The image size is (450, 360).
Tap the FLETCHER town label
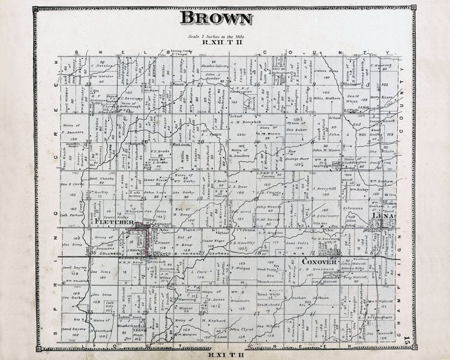click(x=113, y=222)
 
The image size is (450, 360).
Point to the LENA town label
click(x=380, y=215)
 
